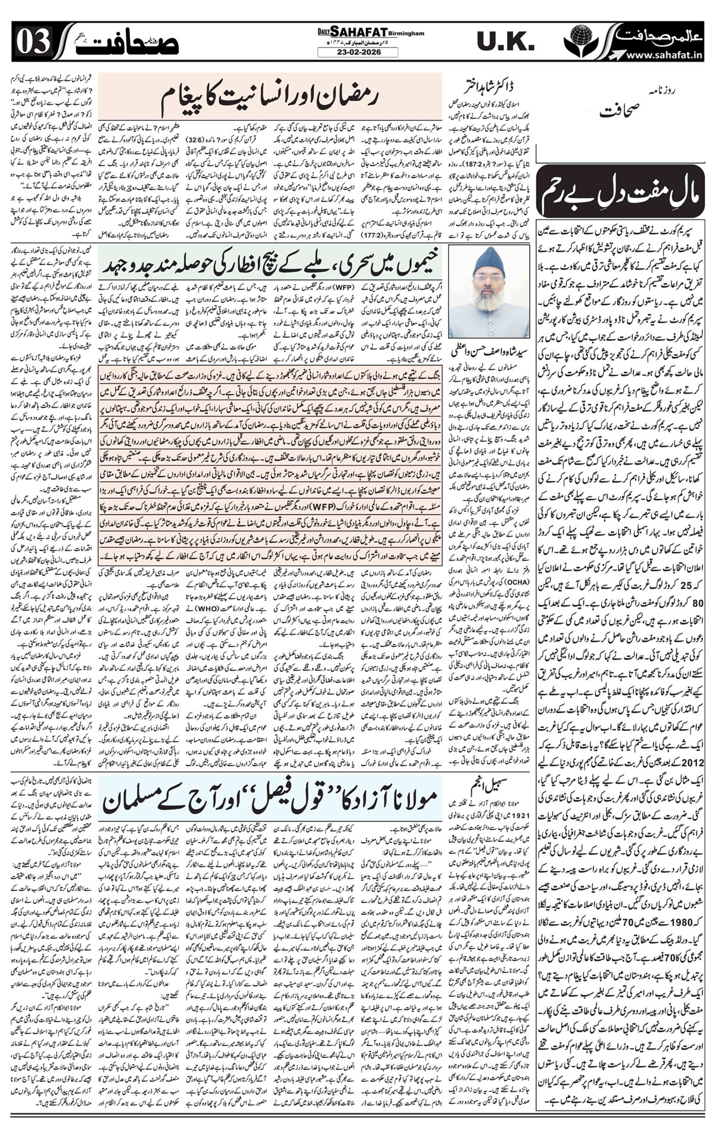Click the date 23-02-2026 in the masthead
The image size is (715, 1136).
357,52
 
